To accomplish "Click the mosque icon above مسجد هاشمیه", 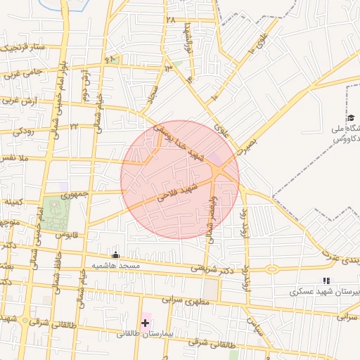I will [116, 255].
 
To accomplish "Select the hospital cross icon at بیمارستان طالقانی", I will [145, 323].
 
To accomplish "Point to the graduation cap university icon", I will [351, 118].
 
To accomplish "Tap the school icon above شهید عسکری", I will [326, 281].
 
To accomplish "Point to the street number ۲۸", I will [170, 20].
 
